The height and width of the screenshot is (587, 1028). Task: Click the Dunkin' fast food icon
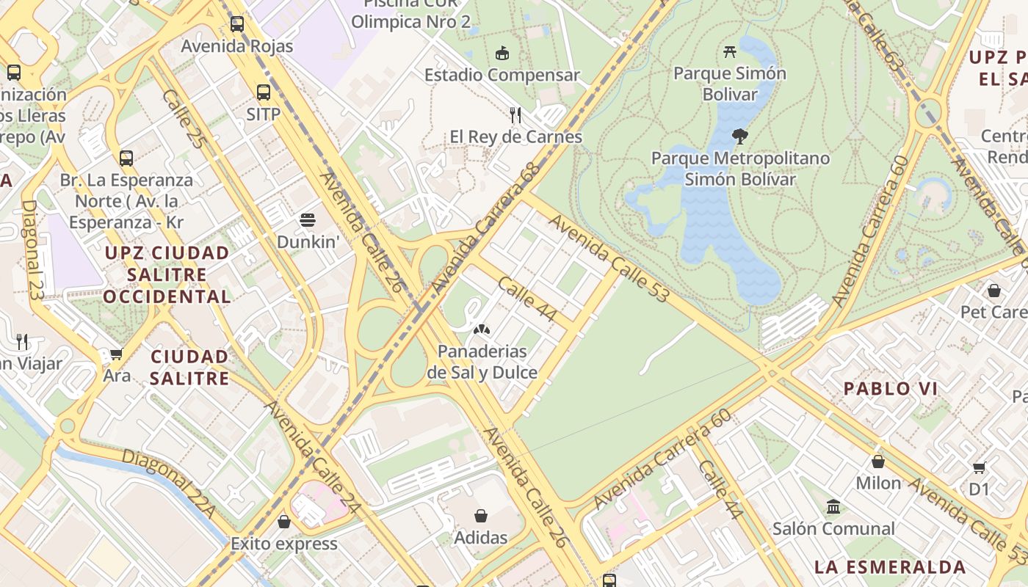point(307,220)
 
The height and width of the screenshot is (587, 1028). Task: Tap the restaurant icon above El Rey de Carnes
point(515,114)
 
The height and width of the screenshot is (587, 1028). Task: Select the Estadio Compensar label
point(502,75)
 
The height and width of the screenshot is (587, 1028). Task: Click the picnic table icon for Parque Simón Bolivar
point(729,51)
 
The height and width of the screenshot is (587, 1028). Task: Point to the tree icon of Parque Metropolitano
point(740,136)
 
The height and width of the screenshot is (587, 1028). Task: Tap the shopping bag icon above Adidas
point(481,516)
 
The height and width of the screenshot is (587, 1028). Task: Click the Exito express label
point(284,544)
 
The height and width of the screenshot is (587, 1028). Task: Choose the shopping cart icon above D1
point(979,467)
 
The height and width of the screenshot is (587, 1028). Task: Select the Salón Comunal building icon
point(833,506)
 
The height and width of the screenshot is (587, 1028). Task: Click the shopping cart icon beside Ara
point(116,354)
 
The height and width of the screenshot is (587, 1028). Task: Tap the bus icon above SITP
point(263,92)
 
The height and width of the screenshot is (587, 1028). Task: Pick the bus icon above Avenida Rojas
point(236,23)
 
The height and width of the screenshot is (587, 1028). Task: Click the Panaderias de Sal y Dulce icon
point(482,329)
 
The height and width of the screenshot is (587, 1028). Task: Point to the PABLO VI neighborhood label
point(890,389)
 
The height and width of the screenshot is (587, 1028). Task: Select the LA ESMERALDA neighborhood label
point(889,566)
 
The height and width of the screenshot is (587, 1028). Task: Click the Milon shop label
point(878,483)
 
